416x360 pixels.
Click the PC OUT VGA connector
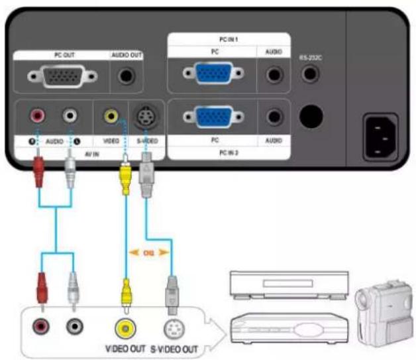click(x=64, y=78)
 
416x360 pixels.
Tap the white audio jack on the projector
click(x=69, y=117)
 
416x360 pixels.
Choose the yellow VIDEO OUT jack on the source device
click(x=123, y=328)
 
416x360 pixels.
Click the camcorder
click(x=380, y=311)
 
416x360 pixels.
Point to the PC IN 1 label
click(x=227, y=40)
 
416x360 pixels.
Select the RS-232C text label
click(x=309, y=58)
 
